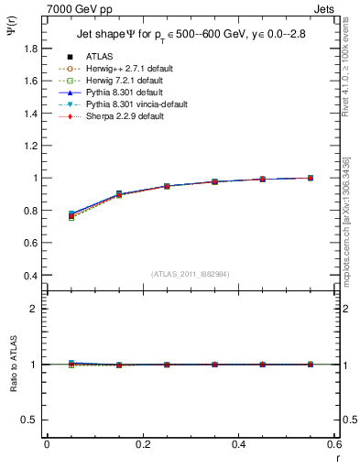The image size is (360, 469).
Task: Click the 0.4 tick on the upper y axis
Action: tap(31, 275)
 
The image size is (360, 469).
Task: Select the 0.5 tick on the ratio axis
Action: tap(31, 420)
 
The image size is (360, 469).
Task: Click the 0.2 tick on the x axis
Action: tap(143, 444)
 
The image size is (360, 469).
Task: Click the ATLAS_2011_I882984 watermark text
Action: tap(189, 274)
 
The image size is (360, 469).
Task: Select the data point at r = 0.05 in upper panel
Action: tap(71, 215)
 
